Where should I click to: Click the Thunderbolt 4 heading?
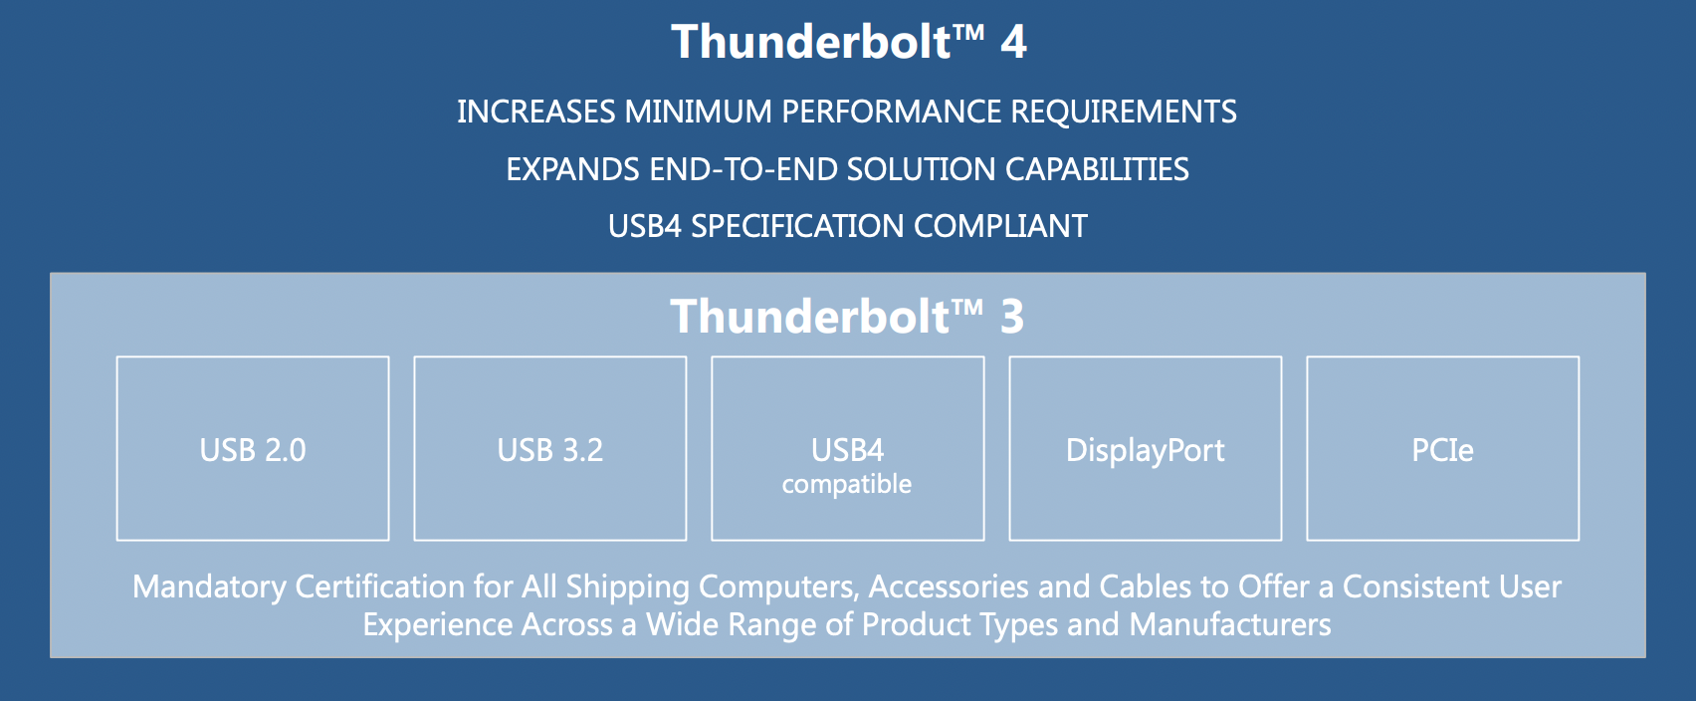click(x=847, y=43)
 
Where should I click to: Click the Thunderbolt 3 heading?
click(x=847, y=317)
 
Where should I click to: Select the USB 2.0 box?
click(x=253, y=449)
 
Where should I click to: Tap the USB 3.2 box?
click(x=550, y=449)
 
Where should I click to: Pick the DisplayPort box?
click(x=1146, y=449)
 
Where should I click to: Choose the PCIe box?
click(x=1442, y=449)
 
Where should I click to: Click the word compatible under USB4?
click(x=847, y=485)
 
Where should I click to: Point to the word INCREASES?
click(x=536, y=112)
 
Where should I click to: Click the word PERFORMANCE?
click(x=891, y=112)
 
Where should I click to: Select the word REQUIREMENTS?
click(x=1124, y=112)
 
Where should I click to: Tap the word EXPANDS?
click(x=572, y=169)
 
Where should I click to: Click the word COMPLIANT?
click(x=1000, y=226)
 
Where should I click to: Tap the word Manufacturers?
click(x=1230, y=624)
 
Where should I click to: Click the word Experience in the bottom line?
click(x=438, y=624)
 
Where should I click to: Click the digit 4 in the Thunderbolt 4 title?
click(x=1013, y=43)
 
